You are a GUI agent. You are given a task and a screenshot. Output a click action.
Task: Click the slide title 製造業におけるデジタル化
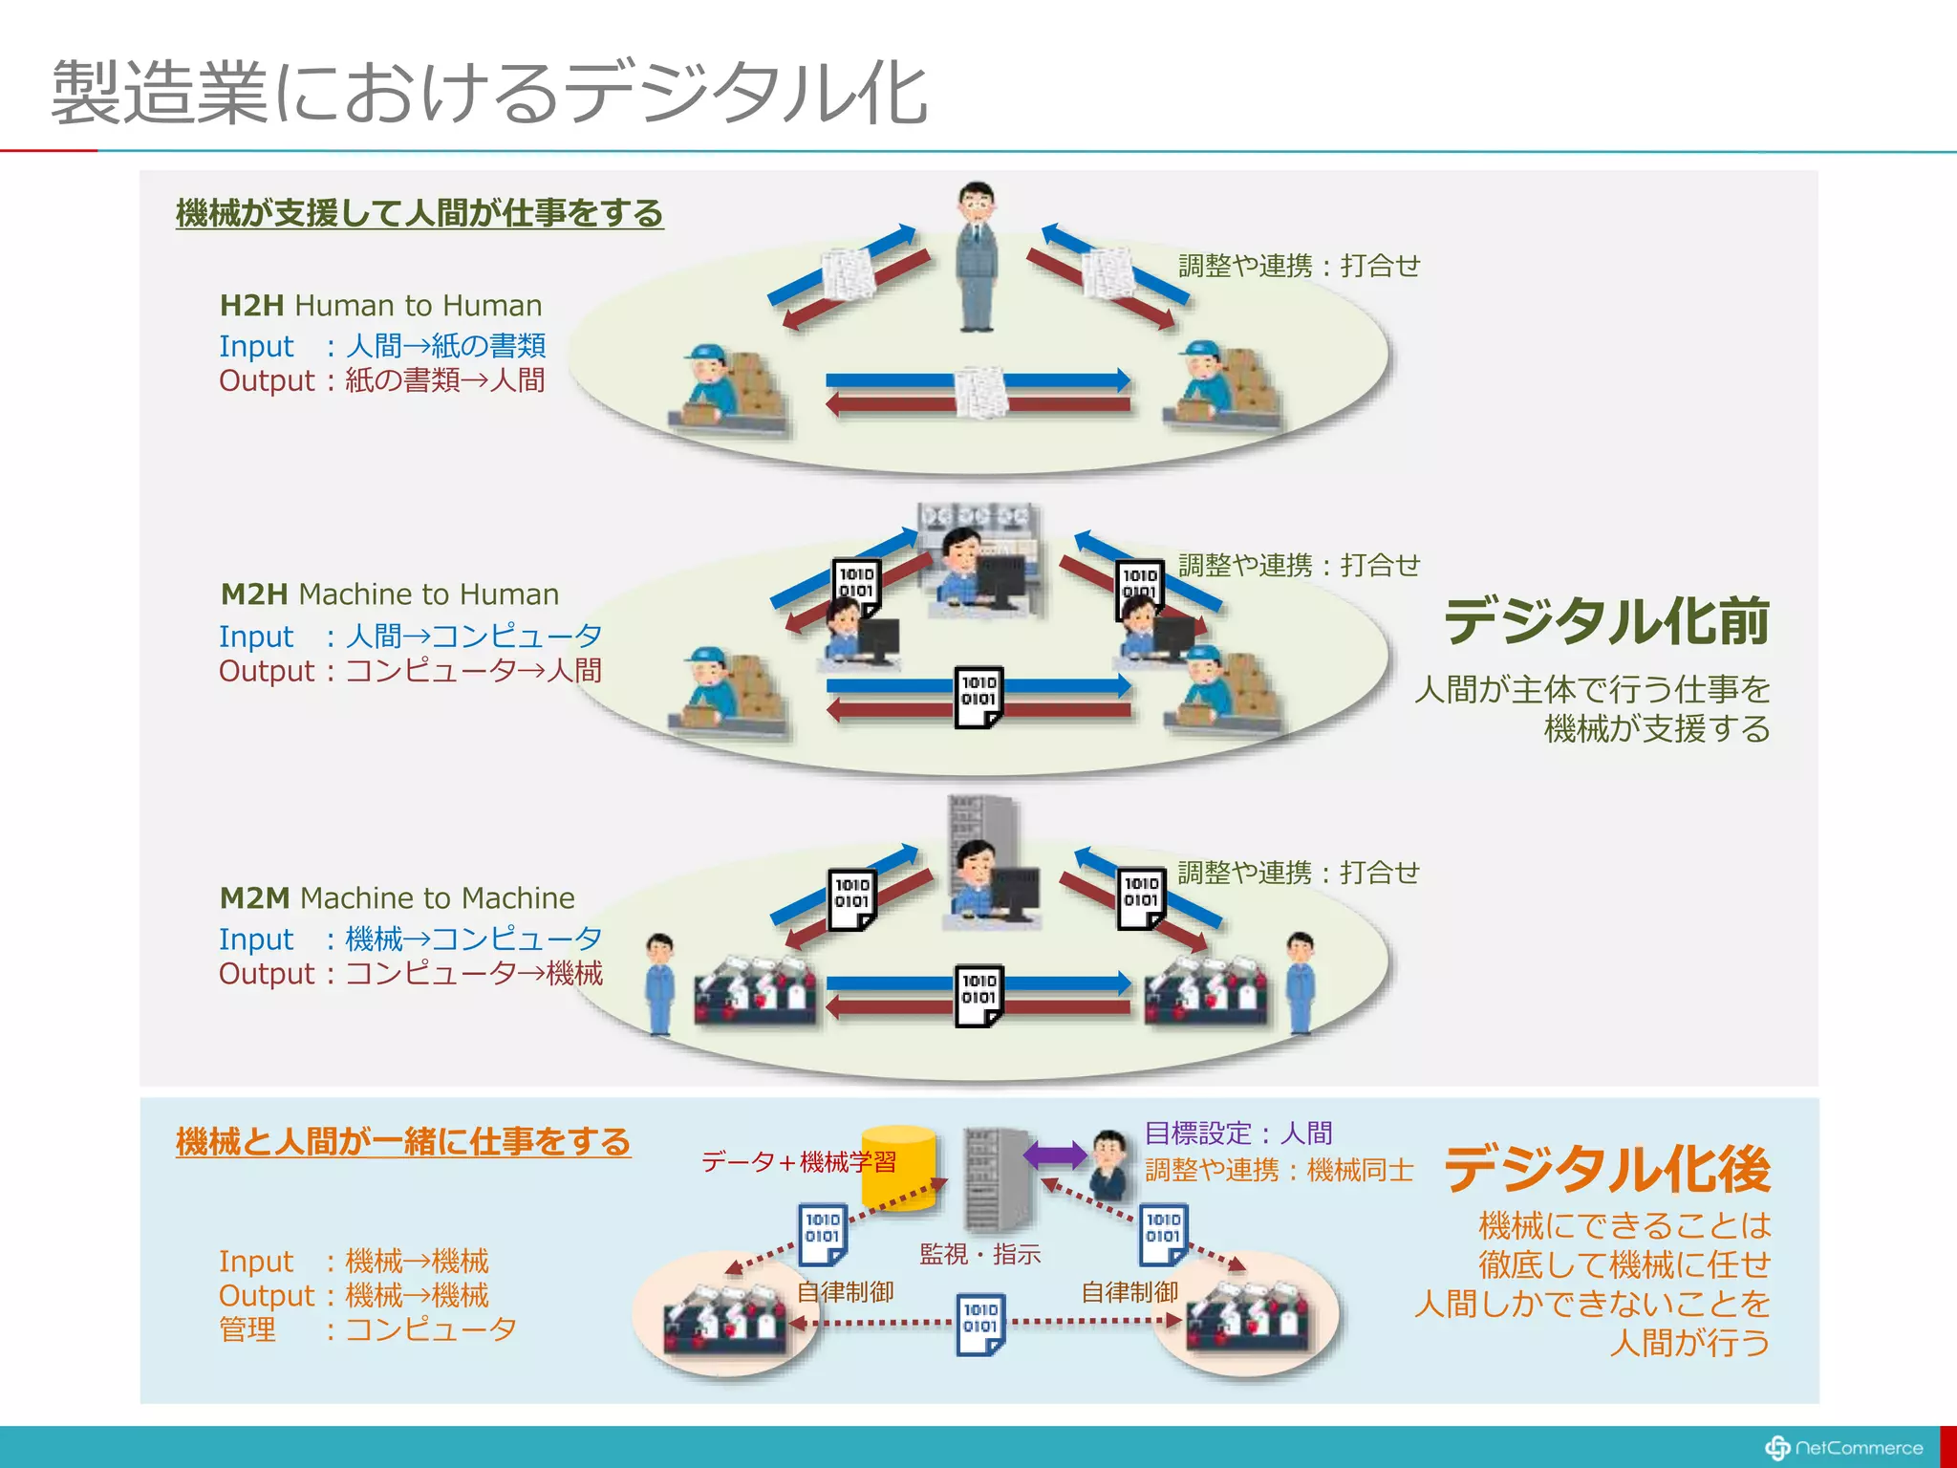pos(489,93)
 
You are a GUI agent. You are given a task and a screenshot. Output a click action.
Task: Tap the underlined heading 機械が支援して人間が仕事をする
pos(419,212)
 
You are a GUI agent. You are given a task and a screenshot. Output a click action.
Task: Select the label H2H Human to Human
pos(380,305)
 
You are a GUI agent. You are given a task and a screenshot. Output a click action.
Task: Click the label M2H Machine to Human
pos(389,594)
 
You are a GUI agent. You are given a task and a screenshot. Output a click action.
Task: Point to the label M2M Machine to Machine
pos(397,897)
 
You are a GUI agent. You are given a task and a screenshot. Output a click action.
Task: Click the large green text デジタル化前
pos(1606,621)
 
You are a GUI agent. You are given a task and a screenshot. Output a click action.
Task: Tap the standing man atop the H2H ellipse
pos(977,256)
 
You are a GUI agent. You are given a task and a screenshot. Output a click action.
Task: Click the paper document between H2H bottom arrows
pos(980,392)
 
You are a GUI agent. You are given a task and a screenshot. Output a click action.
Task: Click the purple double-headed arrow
pos(1055,1155)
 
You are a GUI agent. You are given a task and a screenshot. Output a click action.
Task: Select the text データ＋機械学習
pos(799,1161)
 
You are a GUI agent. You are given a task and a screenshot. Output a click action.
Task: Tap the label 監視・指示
pos(979,1254)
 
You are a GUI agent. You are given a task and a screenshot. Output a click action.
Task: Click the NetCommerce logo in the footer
pos(1844,1448)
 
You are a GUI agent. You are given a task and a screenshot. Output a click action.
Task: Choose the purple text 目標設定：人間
pos(1238,1133)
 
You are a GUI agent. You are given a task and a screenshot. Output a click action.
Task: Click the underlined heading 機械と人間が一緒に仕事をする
pos(402,1141)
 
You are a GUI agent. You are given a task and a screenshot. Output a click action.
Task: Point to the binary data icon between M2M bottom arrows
pos(978,995)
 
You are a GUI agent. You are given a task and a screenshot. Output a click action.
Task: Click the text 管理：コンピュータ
pos(368,1329)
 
